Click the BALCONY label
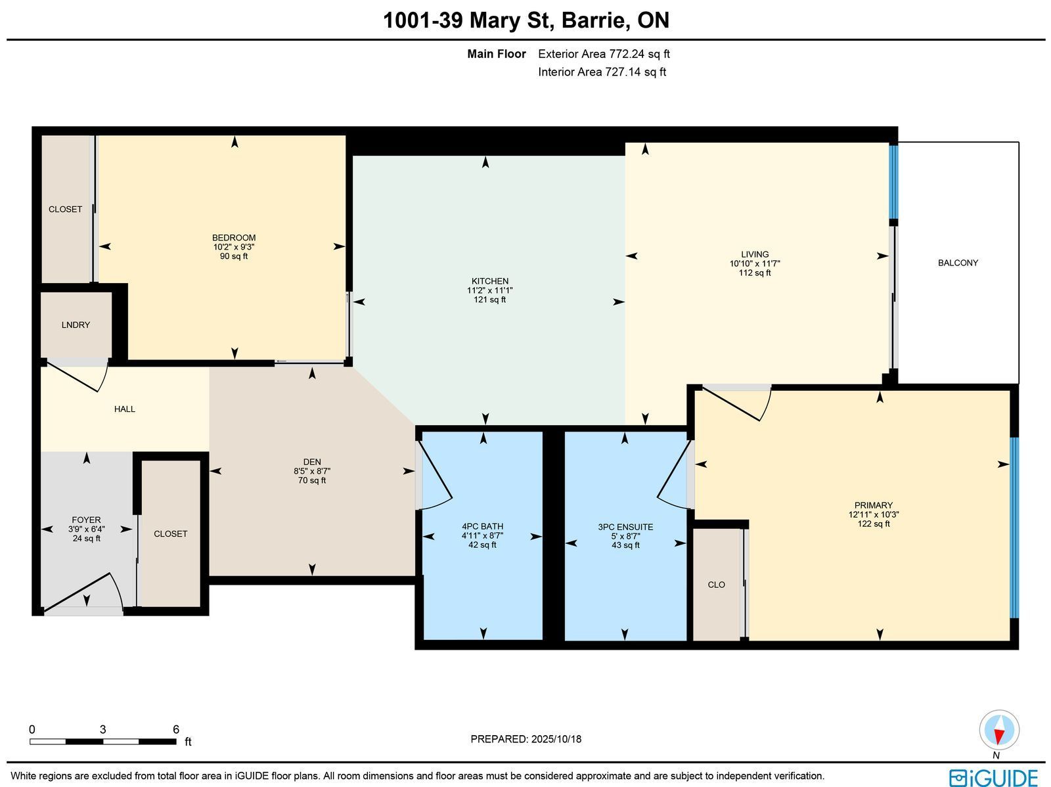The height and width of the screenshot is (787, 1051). click(x=958, y=263)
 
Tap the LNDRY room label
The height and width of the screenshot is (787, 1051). click(x=76, y=325)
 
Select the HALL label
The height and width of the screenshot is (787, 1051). click(x=125, y=409)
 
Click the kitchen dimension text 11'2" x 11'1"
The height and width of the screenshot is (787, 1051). click(x=489, y=290)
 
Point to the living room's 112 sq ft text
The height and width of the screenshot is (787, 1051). click(x=755, y=273)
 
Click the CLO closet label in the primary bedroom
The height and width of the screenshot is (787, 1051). click(x=716, y=585)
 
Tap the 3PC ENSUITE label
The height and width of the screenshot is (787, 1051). click(x=625, y=527)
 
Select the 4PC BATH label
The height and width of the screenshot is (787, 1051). click(x=482, y=527)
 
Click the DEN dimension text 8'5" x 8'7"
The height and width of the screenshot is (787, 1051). click(x=312, y=472)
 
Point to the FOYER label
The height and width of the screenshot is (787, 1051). click(x=86, y=520)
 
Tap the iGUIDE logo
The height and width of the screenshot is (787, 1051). click(x=994, y=777)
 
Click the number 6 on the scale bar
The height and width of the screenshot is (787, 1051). click(x=176, y=730)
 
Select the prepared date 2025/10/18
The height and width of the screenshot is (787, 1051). click(x=556, y=739)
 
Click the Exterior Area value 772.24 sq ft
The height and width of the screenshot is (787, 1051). click(x=639, y=54)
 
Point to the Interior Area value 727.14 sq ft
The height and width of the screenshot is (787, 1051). click(x=635, y=72)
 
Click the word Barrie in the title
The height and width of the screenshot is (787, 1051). click(x=594, y=20)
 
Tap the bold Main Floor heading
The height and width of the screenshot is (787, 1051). click(x=497, y=54)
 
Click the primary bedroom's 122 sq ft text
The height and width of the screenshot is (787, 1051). click(x=874, y=524)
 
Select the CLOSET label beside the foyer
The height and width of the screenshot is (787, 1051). click(x=170, y=534)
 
